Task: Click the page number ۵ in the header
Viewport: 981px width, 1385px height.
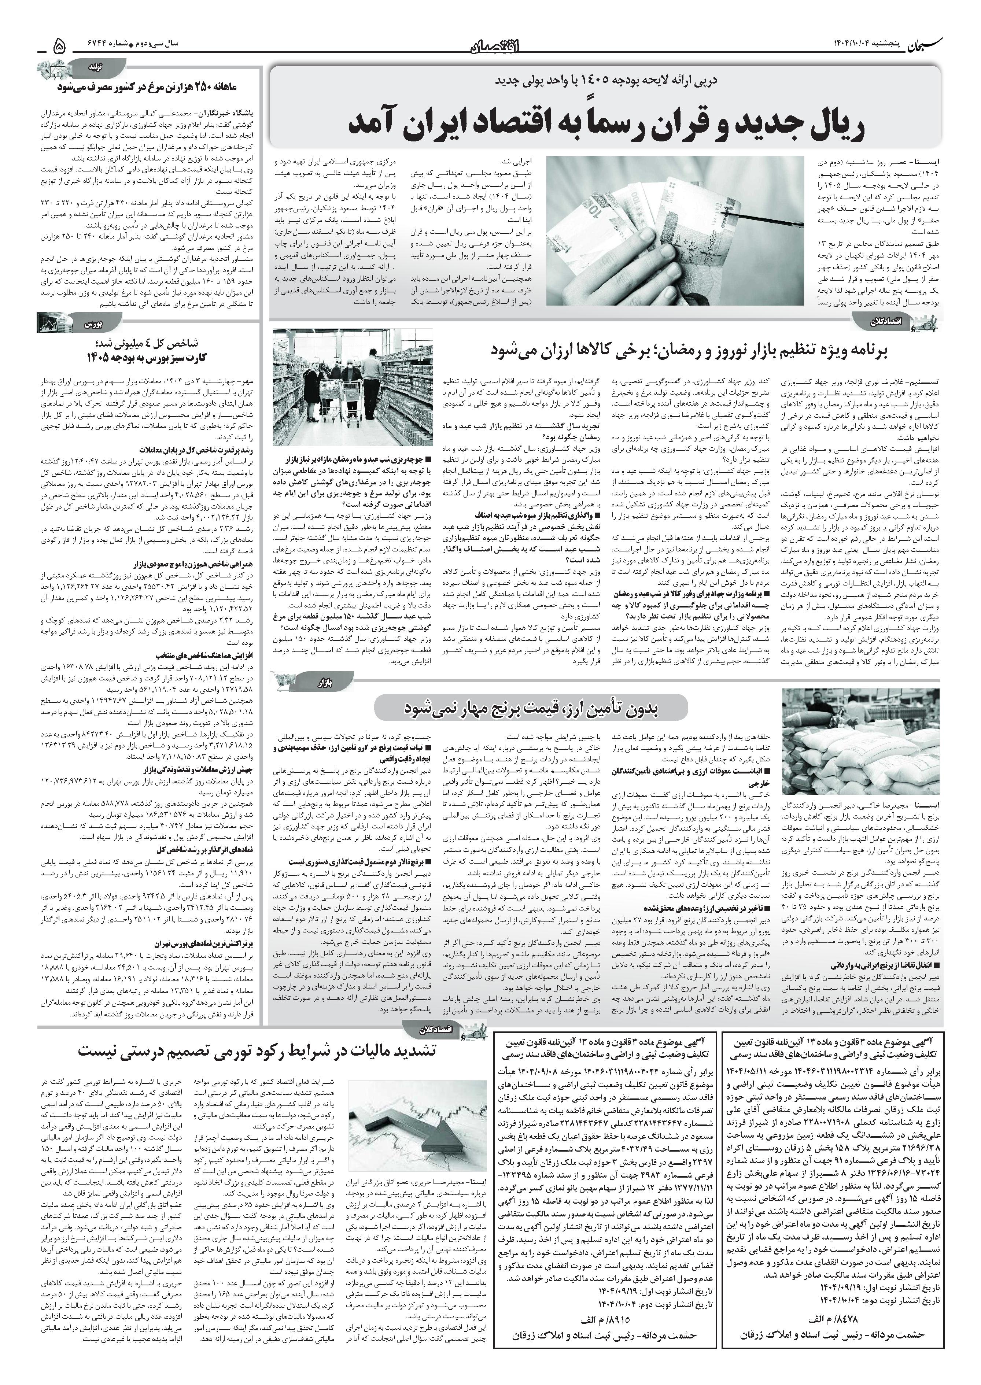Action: (x=59, y=45)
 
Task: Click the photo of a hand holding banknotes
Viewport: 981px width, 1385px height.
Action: (x=675, y=231)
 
